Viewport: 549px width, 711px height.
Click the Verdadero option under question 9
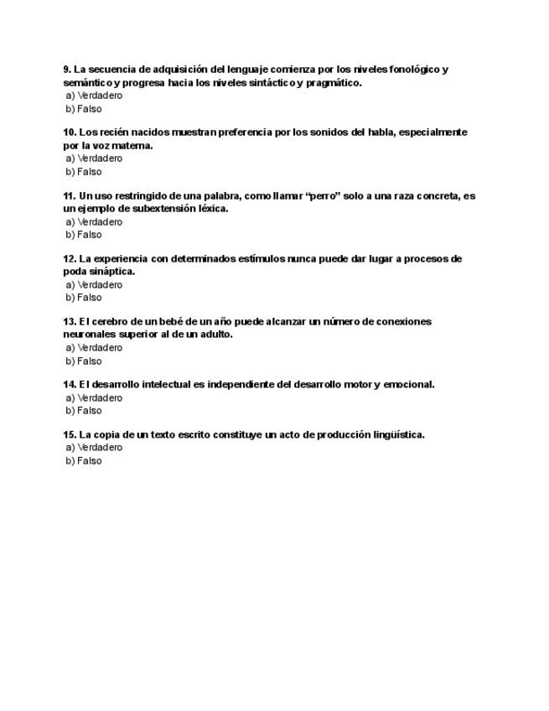pyautogui.click(x=94, y=96)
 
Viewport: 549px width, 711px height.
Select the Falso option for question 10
pyautogui.click(x=84, y=172)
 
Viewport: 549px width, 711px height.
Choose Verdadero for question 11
pyautogui.click(x=94, y=222)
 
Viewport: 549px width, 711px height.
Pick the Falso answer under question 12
pyautogui.click(x=84, y=298)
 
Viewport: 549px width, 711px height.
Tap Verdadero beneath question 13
pyautogui.click(x=94, y=348)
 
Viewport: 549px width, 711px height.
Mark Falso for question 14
pyautogui.click(x=84, y=411)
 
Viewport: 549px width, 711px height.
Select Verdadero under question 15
pyautogui.click(x=94, y=448)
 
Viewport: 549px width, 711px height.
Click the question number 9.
pyautogui.click(x=66, y=70)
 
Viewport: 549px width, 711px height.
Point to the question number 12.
pyautogui.click(x=70, y=259)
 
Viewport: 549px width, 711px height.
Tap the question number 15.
pyautogui.click(x=70, y=435)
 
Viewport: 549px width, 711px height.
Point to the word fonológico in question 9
pyautogui.click(x=414, y=70)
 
